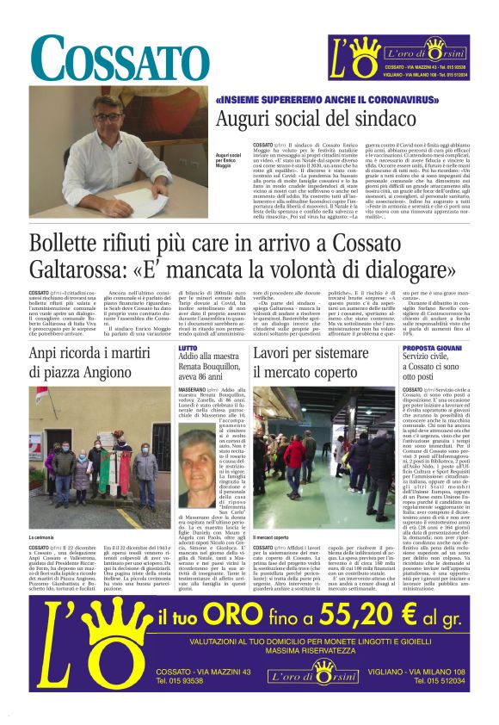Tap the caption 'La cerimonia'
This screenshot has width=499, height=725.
(x=42, y=537)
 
